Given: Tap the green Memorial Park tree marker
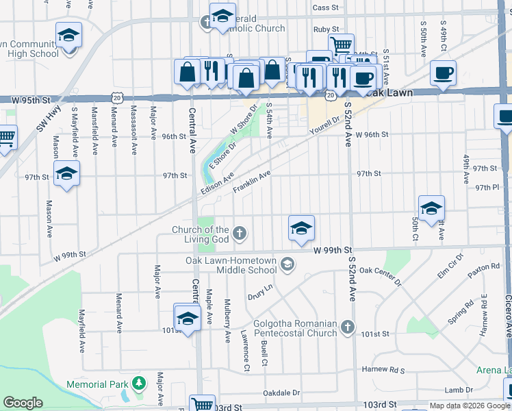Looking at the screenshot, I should pos(139,382).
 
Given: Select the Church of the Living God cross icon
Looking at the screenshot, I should pos(240,234).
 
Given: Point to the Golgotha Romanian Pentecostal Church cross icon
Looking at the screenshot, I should pos(348,327).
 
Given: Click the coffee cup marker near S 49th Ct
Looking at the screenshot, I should pos(443,73).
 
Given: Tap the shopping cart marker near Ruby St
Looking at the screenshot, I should pos(341,45).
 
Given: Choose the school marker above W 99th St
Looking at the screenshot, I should pos(301,227).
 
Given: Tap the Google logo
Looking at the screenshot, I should pos(23,403).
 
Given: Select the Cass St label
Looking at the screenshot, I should pos(325,8).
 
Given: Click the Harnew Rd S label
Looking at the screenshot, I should pos(384,371).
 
